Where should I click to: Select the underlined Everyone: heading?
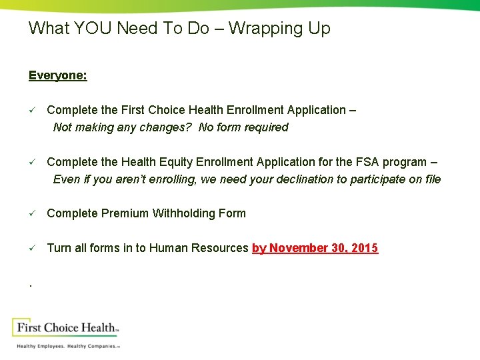[x=57, y=75]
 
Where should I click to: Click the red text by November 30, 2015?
[x=315, y=248]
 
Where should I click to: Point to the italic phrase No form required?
[x=243, y=127]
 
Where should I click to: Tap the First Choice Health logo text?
[x=67, y=327]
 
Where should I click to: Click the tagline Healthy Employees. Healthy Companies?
[x=67, y=346]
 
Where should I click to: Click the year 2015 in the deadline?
[x=365, y=248]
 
